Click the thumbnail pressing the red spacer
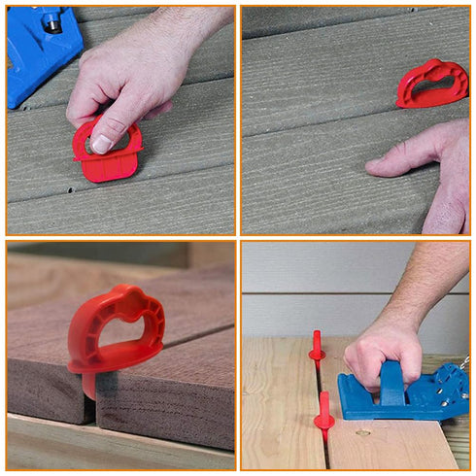coord(102,143)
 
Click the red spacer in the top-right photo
coord(431,85)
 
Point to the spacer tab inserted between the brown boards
coord(88,383)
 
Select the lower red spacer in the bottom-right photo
coord(323,414)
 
